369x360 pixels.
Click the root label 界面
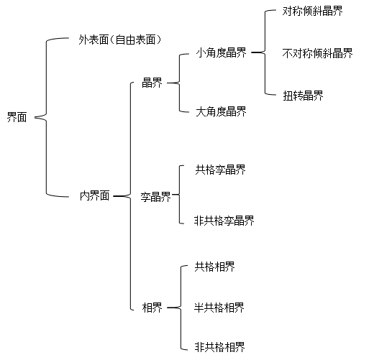pyautogui.click(x=17, y=117)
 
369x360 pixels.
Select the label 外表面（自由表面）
pyautogui.click(x=120, y=40)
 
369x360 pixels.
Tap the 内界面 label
pyautogui.click(x=95, y=195)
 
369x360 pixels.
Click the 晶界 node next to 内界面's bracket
pyautogui.click(x=152, y=83)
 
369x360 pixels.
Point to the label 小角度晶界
pyautogui.click(x=221, y=52)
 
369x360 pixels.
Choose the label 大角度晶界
pyautogui.click(x=221, y=111)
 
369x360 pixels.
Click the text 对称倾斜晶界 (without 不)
pyautogui.click(x=313, y=11)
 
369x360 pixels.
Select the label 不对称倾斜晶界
pyautogui.click(x=317, y=53)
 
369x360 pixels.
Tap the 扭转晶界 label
pyautogui.click(x=303, y=96)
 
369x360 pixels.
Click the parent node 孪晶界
pyautogui.click(x=155, y=197)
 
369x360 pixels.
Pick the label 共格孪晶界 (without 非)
pyautogui.click(x=220, y=170)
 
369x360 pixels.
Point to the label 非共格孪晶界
pyautogui.click(x=224, y=221)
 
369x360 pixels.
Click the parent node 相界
pyautogui.click(x=152, y=308)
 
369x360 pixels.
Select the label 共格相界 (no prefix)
pyautogui.click(x=214, y=267)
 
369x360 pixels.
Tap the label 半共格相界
pyautogui.click(x=219, y=308)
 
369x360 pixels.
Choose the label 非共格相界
pyautogui.click(x=219, y=347)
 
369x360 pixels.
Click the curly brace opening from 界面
pyautogui.click(x=46, y=117)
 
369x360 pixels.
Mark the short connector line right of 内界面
pyautogui.click(x=119, y=196)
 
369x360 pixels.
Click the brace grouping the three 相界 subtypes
pyautogui.click(x=181, y=308)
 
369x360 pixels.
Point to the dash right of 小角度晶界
pyautogui.click(x=256, y=52)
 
